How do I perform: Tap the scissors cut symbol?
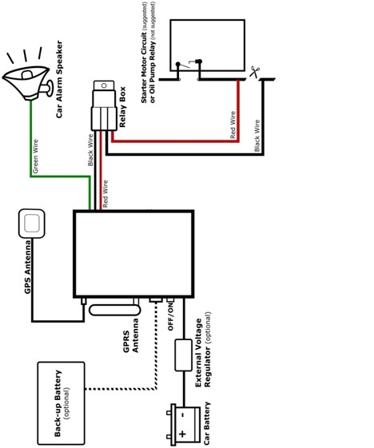coord(253,72)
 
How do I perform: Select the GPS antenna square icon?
coord(32,224)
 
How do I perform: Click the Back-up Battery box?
coord(62,402)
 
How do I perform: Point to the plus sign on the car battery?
coord(182,434)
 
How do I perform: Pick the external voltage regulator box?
coord(183,355)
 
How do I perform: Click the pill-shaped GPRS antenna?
coord(114,310)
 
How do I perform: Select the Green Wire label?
coord(35,156)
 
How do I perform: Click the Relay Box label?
coord(122,107)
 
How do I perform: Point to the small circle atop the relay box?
coord(104,85)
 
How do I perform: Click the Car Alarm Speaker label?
coord(59,79)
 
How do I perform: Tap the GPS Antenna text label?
coord(27,268)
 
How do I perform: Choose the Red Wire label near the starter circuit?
coord(233,125)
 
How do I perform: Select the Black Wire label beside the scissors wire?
coord(257,136)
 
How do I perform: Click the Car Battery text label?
coord(207,423)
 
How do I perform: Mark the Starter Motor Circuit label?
coord(144,67)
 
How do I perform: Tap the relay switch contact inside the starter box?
coord(189,65)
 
